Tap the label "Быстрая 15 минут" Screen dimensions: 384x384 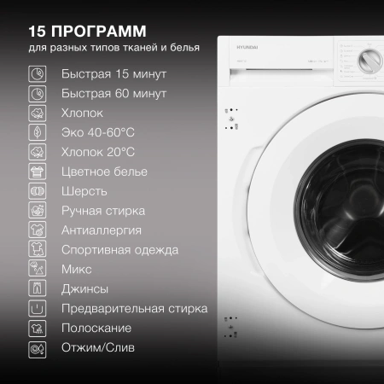coord(113,73)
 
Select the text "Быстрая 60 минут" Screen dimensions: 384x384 coord(113,93)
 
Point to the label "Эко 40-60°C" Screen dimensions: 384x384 coord(98,132)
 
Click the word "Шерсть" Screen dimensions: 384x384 coord(84,190)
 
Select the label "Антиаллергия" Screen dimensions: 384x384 coord(102,230)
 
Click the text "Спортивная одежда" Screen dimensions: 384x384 coord(119,249)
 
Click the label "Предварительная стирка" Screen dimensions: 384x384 coord(134,308)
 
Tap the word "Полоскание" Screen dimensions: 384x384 coord(96,328)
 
